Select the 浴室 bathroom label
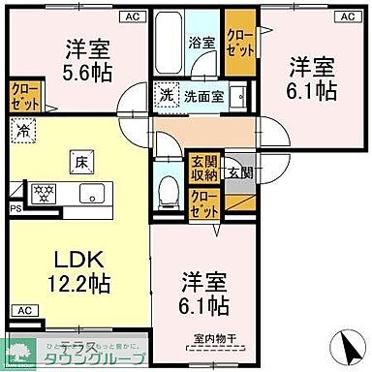pyautogui.click(x=201, y=44)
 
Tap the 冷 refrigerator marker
pyautogui.click(x=22, y=128)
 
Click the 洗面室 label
pyautogui.click(x=206, y=97)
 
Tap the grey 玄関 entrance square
pyautogui.click(x=238, y=171)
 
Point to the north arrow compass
pyautogui.click(x=342, y=345)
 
